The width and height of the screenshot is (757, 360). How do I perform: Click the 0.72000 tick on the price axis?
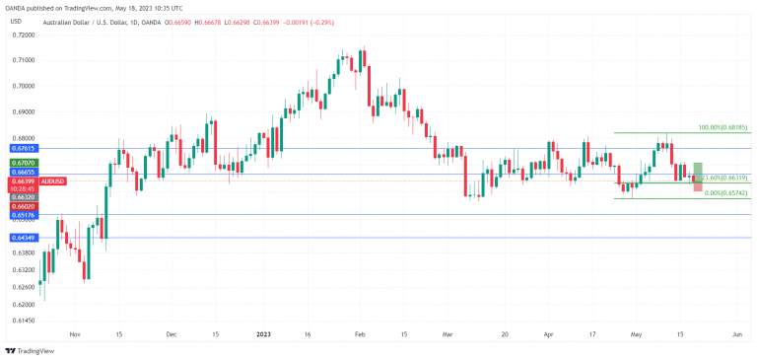tap(23, 35)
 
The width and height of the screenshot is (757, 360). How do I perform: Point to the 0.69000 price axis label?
tap(23, 112)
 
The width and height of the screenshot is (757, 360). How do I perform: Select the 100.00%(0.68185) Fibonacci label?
tap(723, 128)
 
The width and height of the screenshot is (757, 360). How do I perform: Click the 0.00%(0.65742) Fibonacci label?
tap(722, 194)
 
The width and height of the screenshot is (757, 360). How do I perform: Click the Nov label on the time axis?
tap(76, 334)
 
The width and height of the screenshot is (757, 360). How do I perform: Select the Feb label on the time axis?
tap(361, 334)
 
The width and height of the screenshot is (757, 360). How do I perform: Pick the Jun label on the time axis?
tap(735, 334)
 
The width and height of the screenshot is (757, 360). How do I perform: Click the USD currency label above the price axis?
tap(16, 20)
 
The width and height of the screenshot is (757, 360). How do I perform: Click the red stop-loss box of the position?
tap(698, 185)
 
